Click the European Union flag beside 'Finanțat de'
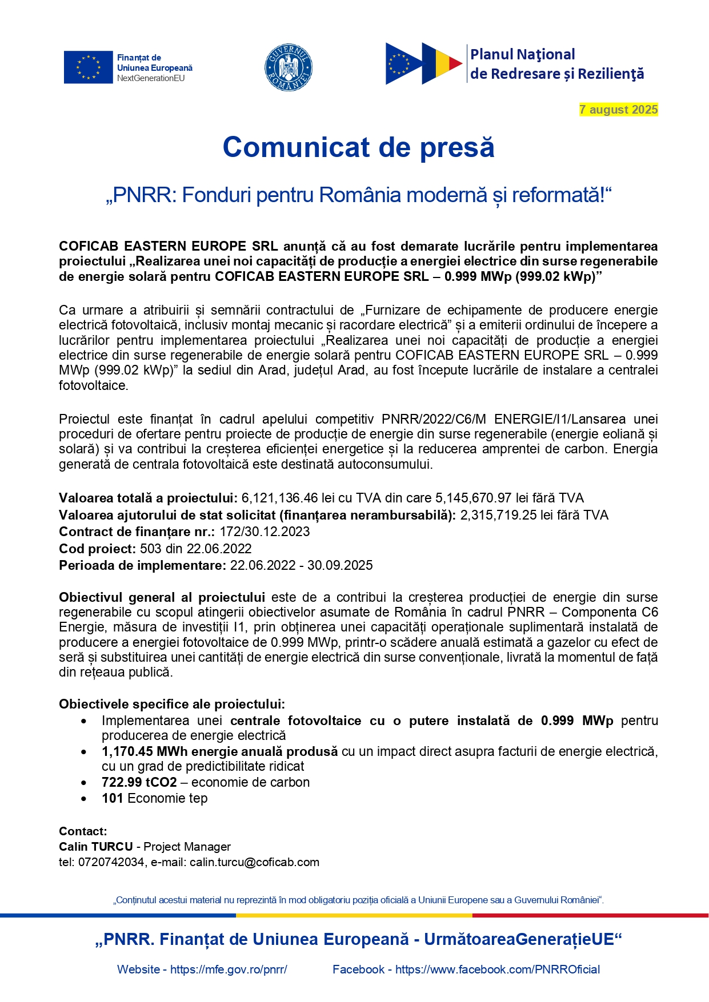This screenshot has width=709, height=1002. [88, 67]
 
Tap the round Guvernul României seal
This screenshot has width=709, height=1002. [289, 67]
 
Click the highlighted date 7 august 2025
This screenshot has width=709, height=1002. [618, 110]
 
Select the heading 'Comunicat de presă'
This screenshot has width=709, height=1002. [358, 147]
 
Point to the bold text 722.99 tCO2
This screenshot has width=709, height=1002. [139, 782]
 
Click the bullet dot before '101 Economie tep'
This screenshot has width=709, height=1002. [85, 799]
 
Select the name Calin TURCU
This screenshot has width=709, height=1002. [96, 847]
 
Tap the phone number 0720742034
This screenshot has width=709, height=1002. [111, 862]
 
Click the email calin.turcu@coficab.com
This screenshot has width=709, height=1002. [254, 862]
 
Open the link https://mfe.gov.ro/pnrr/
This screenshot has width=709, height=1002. [229, 969]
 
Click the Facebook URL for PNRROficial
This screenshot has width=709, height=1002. [498, 969]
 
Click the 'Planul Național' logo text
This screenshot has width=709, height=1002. [522, 55]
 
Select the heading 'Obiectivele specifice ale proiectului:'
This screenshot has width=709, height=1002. [172, 704]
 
